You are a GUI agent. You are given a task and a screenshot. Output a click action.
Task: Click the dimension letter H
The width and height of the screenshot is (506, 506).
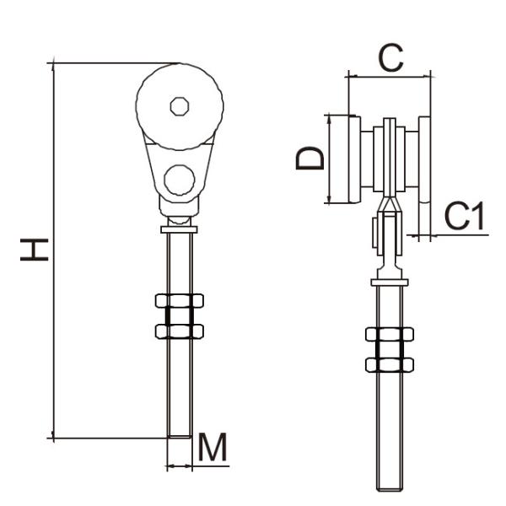coord(35,249)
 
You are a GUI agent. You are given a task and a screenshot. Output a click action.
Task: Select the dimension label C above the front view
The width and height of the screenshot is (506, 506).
coord(390,57)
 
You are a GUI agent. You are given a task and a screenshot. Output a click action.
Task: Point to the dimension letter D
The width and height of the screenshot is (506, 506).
coord(310,158)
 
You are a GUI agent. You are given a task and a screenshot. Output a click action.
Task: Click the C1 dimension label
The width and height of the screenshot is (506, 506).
coord(465,217)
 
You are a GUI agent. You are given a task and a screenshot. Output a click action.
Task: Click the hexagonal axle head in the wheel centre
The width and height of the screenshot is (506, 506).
coord(179,106)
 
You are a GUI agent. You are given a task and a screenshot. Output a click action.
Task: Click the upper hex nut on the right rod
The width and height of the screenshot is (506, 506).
coord(389,335)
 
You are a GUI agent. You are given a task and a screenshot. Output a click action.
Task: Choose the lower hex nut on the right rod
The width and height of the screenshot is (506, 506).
coord(389,364)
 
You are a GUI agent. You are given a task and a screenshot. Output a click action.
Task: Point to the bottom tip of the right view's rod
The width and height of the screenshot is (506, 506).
coord(389,487)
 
